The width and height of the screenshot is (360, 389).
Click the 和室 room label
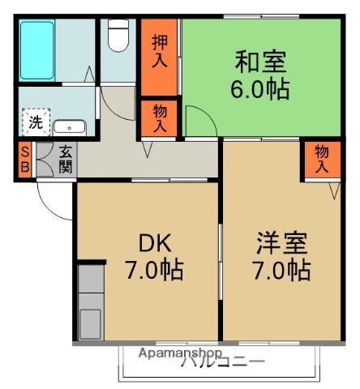tap(261, 62)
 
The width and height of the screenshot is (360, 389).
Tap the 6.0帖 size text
tap(261, 88)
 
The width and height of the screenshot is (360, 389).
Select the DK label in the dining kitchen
tap(152, 242)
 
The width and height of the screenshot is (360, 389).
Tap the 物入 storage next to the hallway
tap(159, 118)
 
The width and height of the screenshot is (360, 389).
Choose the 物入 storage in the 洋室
tap(322, 159)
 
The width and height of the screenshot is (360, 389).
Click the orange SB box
tap(25, 160)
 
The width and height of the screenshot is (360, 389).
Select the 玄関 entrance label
tap(65, 160)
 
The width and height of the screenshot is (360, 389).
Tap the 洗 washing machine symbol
tap(36, 123)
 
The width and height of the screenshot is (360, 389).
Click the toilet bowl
tap(119, 36)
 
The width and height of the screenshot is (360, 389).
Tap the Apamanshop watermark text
tap(180, 353)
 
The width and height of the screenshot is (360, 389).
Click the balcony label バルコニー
tap(223, 362)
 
